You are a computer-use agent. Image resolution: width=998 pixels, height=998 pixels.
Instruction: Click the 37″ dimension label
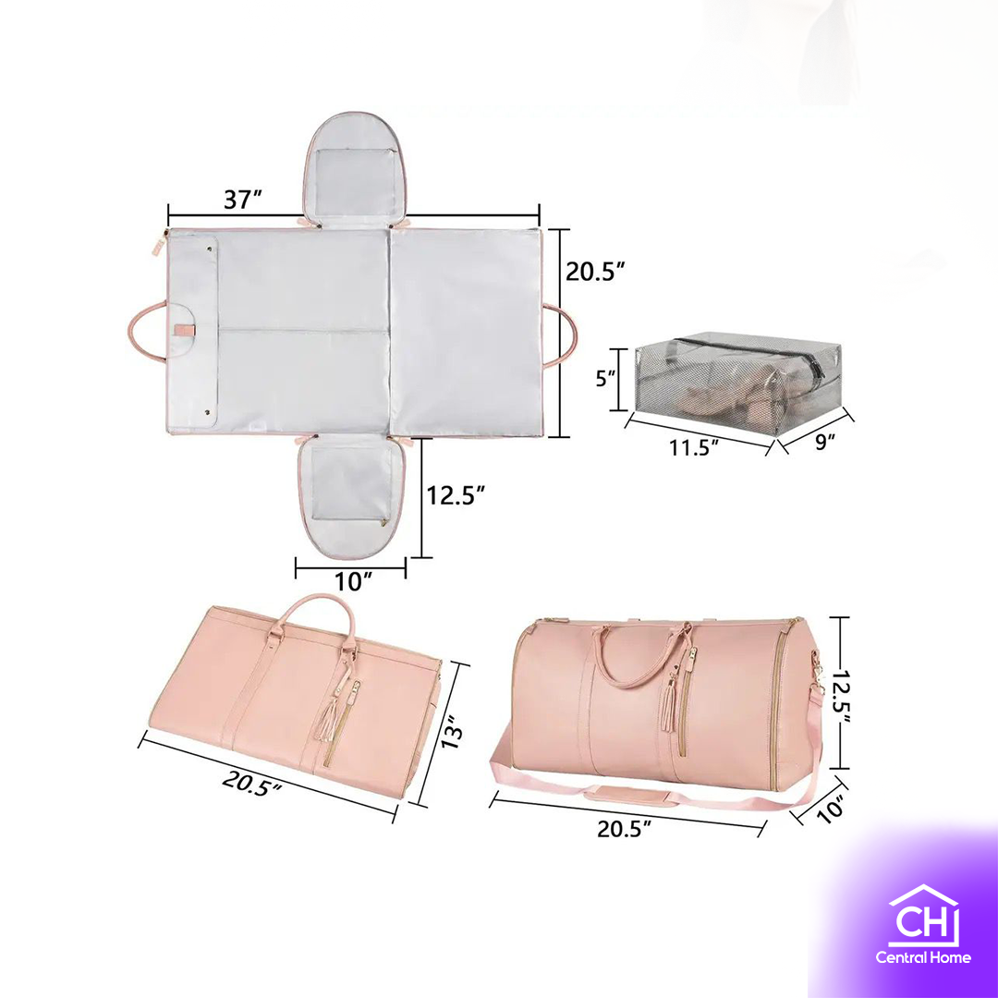[242, 200]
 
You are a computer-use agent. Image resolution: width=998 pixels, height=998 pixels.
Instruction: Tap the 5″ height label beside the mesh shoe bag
[605, 379]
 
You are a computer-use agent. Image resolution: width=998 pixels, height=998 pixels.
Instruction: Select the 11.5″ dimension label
[693, 447]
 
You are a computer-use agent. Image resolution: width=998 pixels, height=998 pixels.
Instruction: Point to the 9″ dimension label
[825, 441]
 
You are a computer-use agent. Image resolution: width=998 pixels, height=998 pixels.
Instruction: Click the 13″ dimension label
[451, 733]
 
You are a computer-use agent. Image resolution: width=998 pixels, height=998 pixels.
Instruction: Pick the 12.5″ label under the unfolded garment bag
[456, 495]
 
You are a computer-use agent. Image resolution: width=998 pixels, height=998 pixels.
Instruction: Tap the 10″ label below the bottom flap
[353, 582]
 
